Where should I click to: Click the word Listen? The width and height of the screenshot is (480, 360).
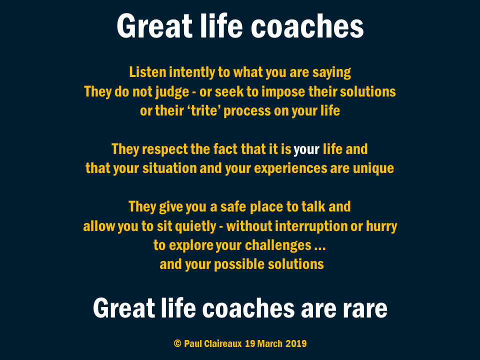tap(148, 72)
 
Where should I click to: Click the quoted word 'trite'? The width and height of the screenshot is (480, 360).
tap(204, 111)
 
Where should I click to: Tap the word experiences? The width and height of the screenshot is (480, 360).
tap(290, 169)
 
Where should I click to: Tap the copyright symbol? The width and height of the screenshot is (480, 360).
tap(177, 343)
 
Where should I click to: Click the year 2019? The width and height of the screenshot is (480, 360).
tap(296, 343)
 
